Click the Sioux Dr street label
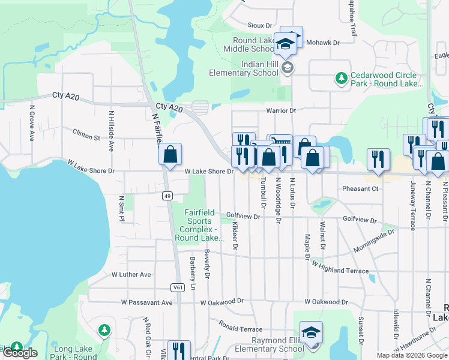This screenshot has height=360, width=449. pos(260,26)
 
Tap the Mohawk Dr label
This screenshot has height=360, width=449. pos(322,43)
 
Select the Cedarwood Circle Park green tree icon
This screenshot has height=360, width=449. pos(341,78)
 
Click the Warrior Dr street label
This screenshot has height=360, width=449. pos(282,110)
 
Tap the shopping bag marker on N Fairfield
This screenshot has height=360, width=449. pos(170,154)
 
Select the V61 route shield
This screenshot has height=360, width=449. pos(176,287)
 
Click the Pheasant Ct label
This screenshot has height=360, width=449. pos(360,188)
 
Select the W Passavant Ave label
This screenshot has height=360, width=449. pos(146,302)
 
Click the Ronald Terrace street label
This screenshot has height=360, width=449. pos(241,328)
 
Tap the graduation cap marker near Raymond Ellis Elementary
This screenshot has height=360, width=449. pos(312,332)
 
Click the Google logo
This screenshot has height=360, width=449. pos(19,353)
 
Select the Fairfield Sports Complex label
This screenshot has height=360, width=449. pos(200,225)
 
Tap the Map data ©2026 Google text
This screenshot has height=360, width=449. pos(411,355)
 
